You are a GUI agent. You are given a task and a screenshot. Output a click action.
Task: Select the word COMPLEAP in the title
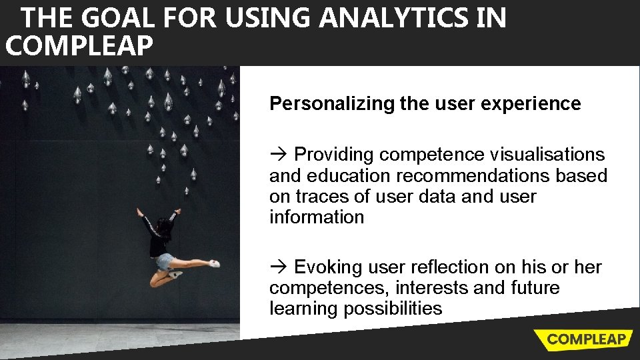[79, 47]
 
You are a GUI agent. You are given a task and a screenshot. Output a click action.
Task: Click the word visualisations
[547, 155]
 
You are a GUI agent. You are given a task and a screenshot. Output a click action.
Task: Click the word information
[317, 217]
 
